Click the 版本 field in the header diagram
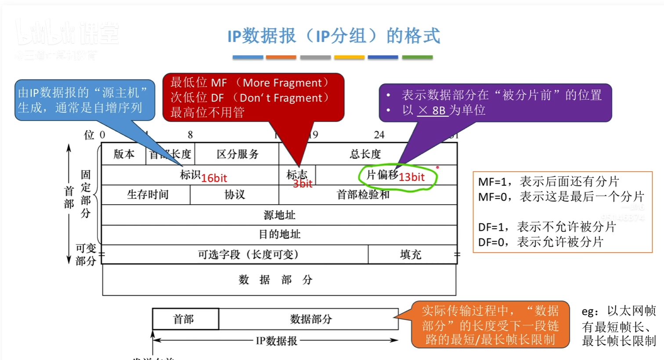[x=124, y=154]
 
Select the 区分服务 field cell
[x=237, y=154]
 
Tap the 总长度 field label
[x=365, y=154]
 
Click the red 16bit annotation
[x=214, y=178]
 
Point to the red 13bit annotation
[x=411, y=177]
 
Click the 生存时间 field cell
[x=148, y=194]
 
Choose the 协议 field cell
[x=235, y=194]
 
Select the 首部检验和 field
[x=363, y=194]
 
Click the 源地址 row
[x=279, y=215]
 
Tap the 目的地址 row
[x=279, y=234]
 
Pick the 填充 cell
[x=411, y=255]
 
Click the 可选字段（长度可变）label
[x=248, y=255]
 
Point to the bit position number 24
[x=379, y=135]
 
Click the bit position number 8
[x=190, y=135]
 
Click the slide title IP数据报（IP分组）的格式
[x=334, y=36]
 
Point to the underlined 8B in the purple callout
[x=438, y=110]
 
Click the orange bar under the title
[x=281, y=57]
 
